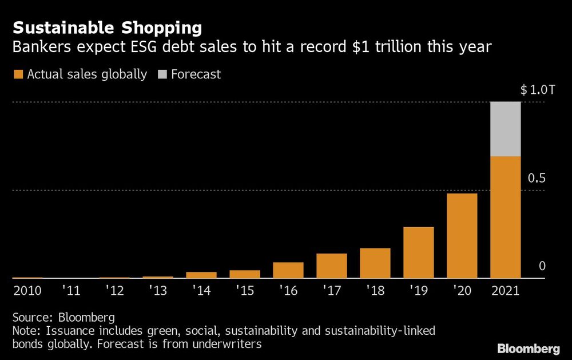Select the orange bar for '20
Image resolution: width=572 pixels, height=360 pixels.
coord(462,236)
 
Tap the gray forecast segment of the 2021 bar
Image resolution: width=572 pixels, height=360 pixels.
coord(506,129)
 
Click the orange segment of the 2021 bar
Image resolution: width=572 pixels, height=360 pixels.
coord(506,217)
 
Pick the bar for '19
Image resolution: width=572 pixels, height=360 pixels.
coord(418,252)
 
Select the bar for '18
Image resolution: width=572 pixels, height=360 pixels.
coord(375,263)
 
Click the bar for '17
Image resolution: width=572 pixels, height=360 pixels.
coord(332,266)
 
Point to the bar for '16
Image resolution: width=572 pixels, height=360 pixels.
coord(288,270)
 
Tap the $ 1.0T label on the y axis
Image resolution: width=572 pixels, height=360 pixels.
coord(537,90)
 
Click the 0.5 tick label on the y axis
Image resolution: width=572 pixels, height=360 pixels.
coord(537,178)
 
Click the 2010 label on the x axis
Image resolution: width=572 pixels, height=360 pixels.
coord(27,291)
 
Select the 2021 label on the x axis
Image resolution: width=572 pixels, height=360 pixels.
coord(506,291)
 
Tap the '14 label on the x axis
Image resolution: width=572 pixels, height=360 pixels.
coord(201,291)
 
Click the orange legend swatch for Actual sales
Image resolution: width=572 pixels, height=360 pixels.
coord(18,74)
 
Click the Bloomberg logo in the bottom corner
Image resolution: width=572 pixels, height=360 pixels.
coord(529,348)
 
